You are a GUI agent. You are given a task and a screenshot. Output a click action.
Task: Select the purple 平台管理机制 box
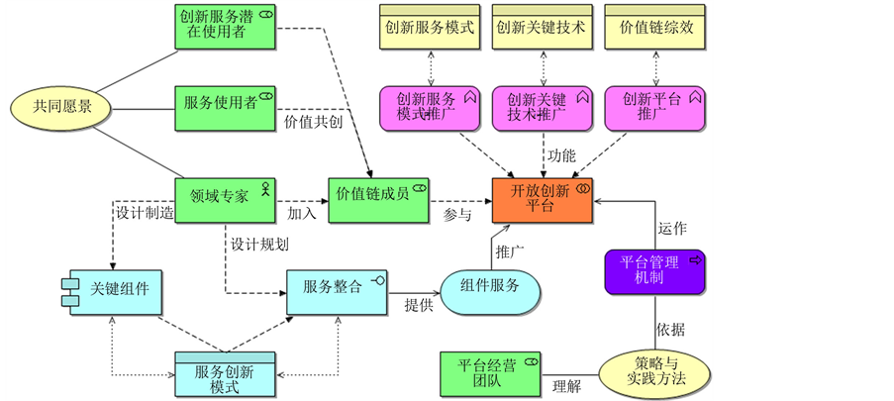[654, 271]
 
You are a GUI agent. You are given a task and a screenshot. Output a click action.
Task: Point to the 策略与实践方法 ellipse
[654, 369]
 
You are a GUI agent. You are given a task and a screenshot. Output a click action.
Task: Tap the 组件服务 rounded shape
[491, 286]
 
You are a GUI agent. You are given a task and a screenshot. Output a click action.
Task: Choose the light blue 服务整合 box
[337, 288]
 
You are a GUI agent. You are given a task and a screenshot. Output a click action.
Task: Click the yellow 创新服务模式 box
[430, 27]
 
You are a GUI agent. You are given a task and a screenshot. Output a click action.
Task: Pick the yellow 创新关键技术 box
[542, 27]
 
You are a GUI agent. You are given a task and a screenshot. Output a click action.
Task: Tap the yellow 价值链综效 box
[654, 27]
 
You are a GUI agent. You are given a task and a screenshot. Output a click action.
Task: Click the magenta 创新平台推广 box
[654, 107]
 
